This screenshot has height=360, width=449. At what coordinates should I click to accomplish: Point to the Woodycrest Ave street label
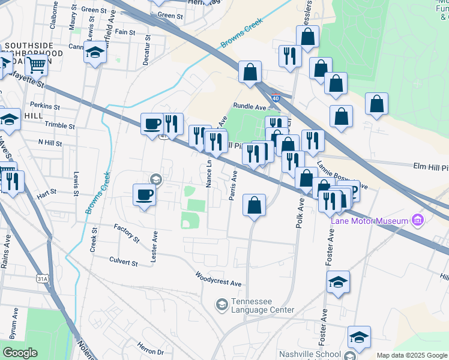click(x=217, y=279)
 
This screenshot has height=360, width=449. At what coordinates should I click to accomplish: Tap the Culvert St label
click(x=124, y=262)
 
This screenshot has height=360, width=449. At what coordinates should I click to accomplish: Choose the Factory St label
click(x=127, y=233)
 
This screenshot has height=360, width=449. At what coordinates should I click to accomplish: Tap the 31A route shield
click(x=42, y=279)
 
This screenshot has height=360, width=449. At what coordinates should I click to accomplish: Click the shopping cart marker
click(x=36, y=64)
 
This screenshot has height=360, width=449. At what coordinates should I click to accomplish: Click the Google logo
click(x=20, y=352)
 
